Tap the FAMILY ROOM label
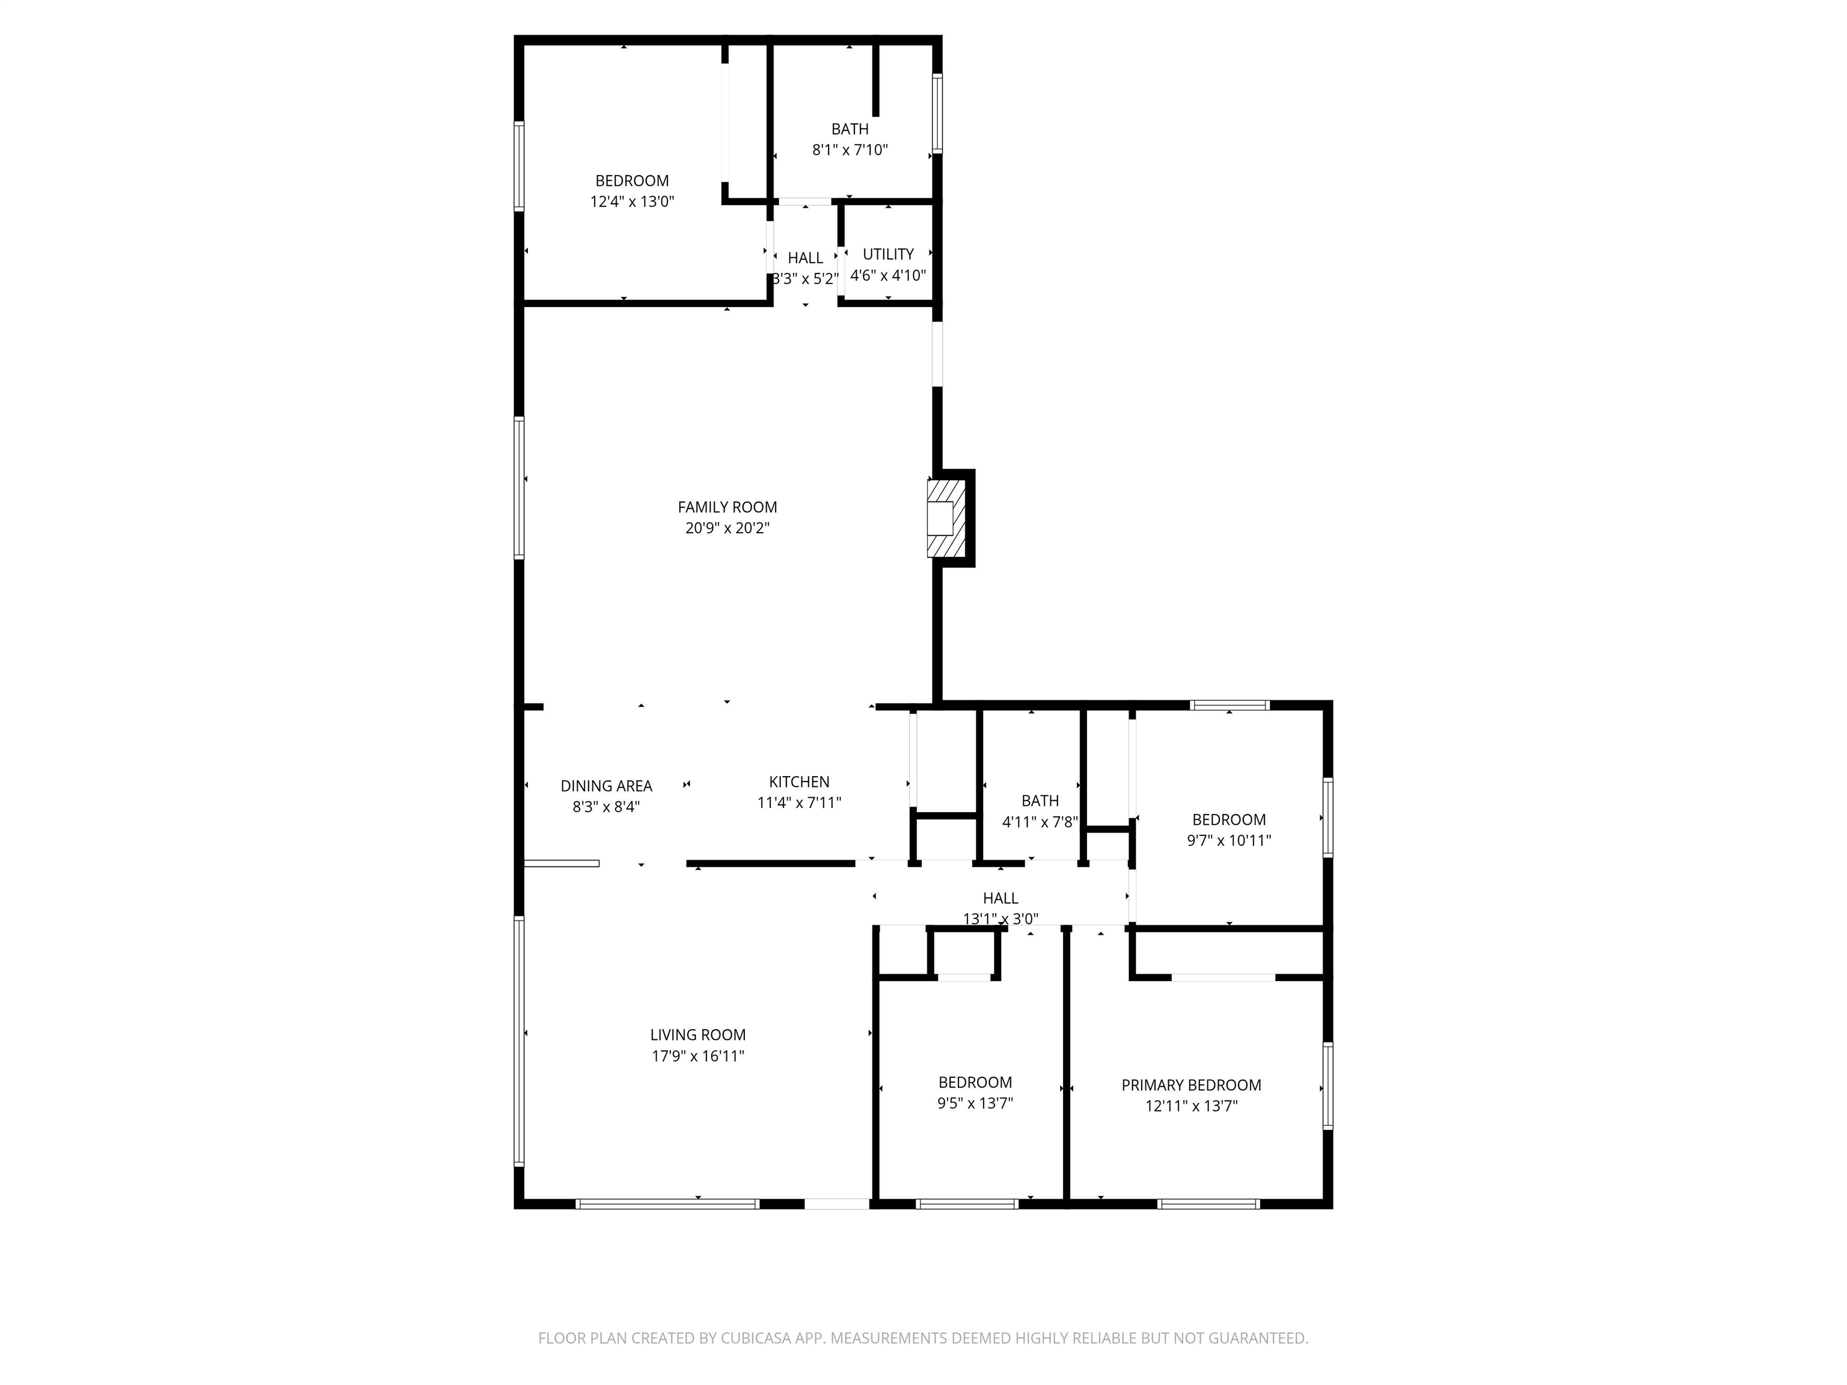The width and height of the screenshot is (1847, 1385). (727, 507)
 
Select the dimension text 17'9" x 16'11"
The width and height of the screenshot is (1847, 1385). (698, 1055)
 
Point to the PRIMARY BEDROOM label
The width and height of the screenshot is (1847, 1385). (1190, 1084)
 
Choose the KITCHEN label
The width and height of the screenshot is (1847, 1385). (799, 781)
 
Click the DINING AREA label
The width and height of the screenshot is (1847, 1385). (606, 786)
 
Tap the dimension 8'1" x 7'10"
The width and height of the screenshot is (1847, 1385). (850, 150)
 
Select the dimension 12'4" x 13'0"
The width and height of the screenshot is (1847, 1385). (632, 201)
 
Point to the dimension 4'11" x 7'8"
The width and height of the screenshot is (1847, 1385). (1040, 822)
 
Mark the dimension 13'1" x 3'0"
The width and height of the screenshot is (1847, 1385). (1000, 919)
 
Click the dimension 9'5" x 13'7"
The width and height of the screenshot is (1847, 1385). (975, 1103)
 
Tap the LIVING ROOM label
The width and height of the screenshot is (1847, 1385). (698, 1035)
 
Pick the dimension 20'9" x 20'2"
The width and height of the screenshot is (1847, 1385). (727, 528)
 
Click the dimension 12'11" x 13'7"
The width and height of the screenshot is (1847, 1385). (1190, 1106)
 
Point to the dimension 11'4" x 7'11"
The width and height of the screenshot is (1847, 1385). (799, 803)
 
